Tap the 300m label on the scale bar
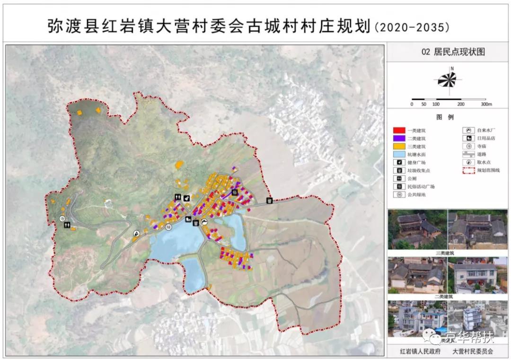pos(486,104)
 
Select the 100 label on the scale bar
pos(436,104)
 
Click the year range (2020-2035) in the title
pos(411,27)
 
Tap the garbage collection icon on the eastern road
pos(270,201)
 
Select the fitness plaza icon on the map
pos(187,198)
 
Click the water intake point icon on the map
pos(137,233)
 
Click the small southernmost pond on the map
pos(193,274)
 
